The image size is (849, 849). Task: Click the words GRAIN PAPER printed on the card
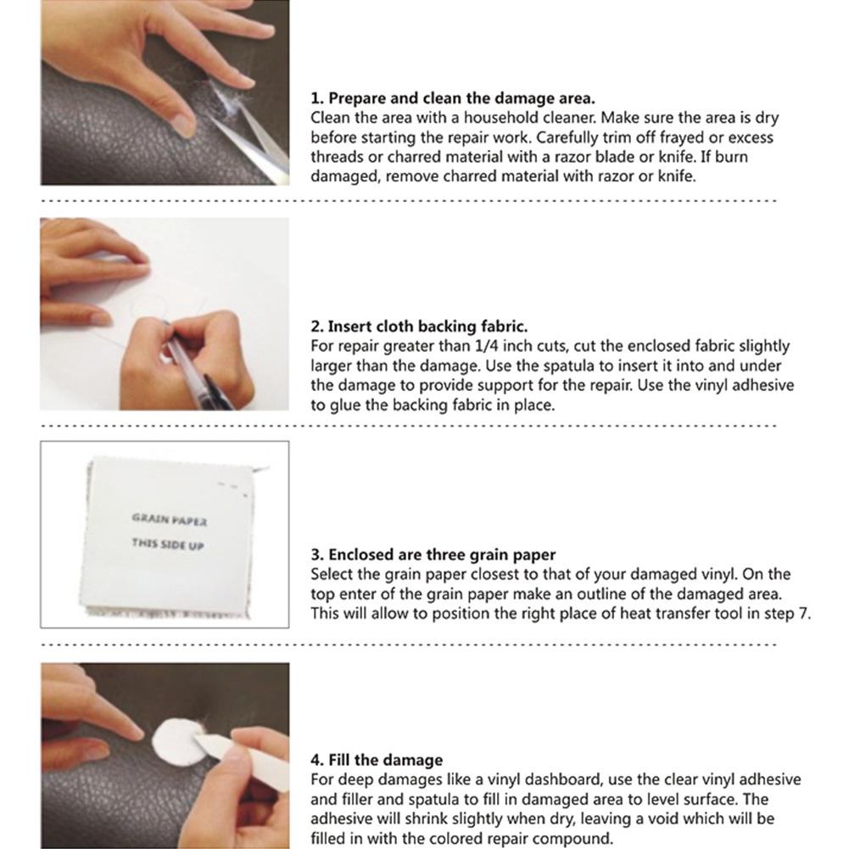pyautogui.click(x=169, y=519)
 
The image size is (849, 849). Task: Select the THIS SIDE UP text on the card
pyautogui.click(x=168, y=545)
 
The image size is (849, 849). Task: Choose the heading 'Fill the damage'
pyautogui.click(x=377, y=760)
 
